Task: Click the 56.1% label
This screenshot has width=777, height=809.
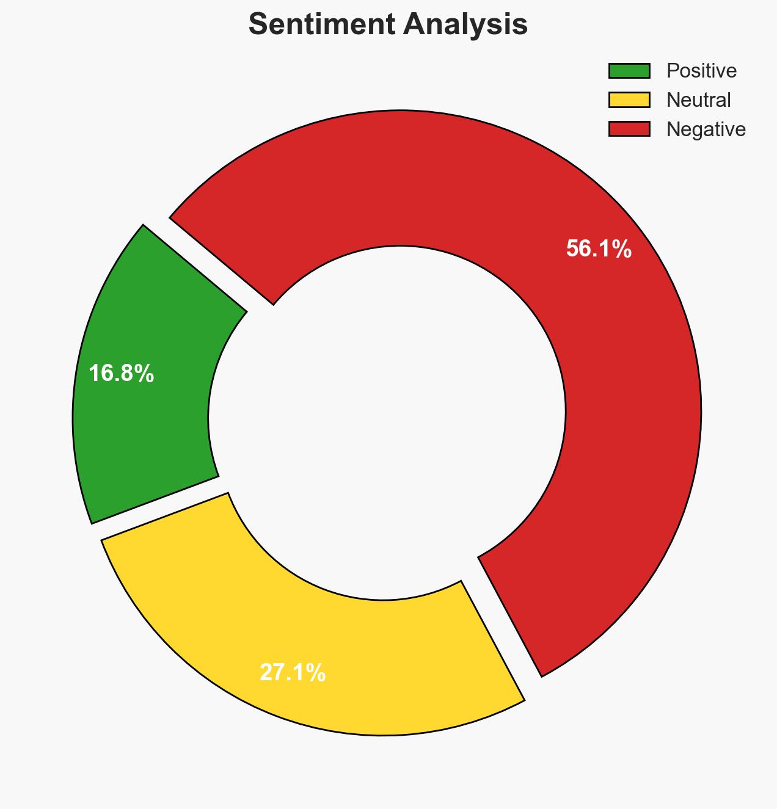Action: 599,249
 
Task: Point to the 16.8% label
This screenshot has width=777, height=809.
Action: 121,374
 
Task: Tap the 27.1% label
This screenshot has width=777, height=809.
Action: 293,673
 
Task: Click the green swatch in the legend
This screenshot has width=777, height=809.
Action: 629,71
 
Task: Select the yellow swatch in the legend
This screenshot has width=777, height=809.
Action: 629,100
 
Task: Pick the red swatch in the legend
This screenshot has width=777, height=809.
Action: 629,129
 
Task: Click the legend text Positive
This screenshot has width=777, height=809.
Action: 701,71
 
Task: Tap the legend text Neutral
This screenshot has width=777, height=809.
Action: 698,100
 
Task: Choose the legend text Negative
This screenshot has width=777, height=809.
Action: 706,129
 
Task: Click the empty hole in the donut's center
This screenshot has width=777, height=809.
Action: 387,421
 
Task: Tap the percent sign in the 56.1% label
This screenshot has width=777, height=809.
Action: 622,249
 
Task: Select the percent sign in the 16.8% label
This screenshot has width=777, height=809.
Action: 145,374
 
